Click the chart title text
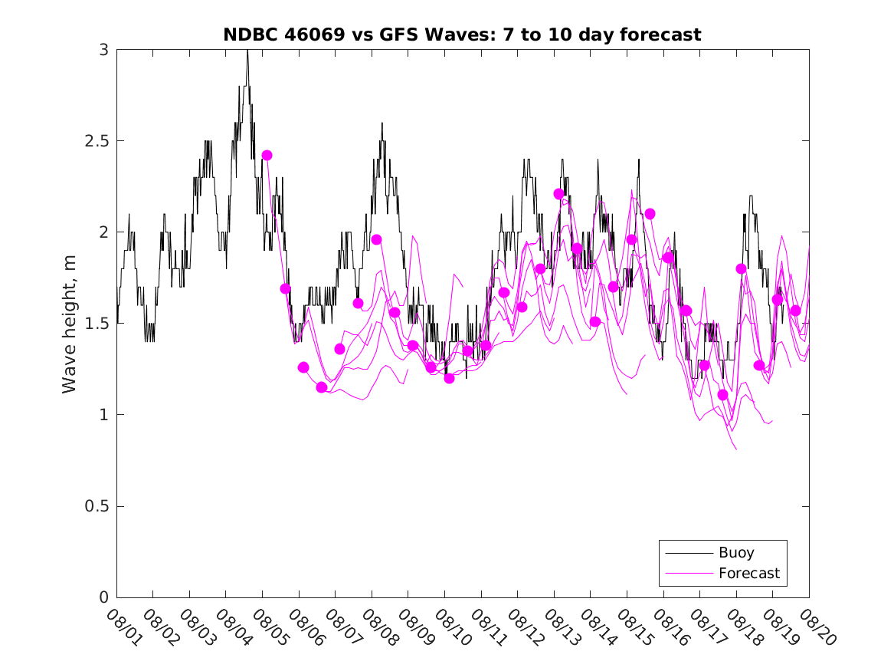click(x=462, y=35)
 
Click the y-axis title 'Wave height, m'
click(x=70, y=323)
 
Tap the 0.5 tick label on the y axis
click(x=97, y=506)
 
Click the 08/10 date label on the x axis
click(x=449, y=627)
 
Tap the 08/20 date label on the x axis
click(x=814, y=627)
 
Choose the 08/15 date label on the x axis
click(x=631, y=627)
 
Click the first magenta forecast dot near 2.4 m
click(x=267, y=155)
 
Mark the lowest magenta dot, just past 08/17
click(x=722, y=395)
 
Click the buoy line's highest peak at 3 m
click(x=247, y=51)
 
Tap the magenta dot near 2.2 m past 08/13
click(x=558, y=194)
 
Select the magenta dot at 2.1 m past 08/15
click(x=650, y=213)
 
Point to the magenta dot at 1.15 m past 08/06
click(x=322, y=387)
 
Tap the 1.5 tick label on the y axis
click(x=97, y=324)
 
